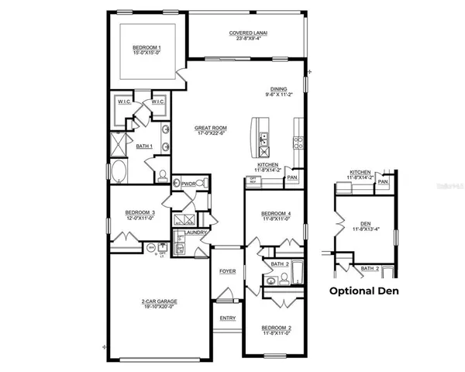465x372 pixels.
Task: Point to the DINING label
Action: click(278, 89)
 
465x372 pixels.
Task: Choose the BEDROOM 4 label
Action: click(277, 213)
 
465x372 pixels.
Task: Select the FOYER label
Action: click(227, 271)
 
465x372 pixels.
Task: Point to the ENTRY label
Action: click(227, 318)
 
